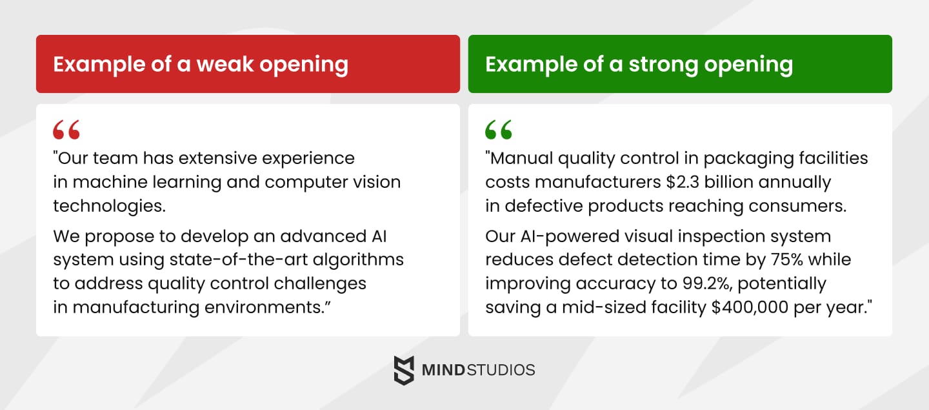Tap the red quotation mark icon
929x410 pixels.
66,130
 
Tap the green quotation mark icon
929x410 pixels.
499,130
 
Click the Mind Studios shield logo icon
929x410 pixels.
404,370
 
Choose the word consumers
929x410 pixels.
811,206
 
